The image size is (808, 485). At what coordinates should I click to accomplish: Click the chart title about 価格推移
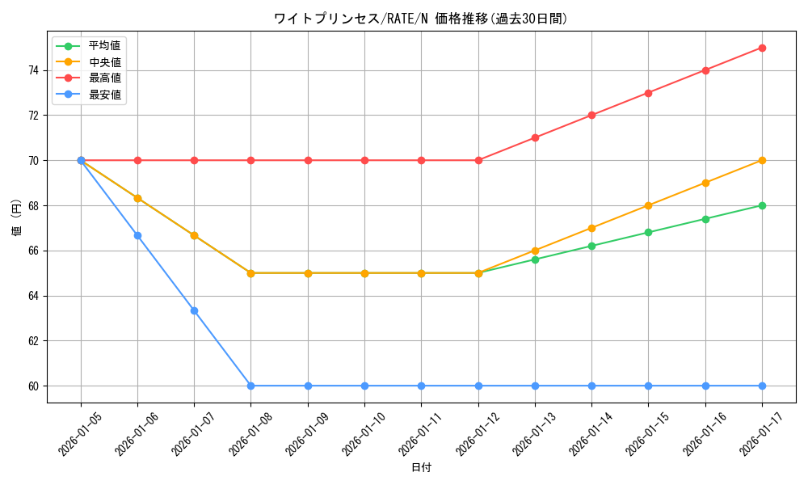click(421, 18)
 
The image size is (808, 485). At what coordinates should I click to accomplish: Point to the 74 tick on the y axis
click(33, 70)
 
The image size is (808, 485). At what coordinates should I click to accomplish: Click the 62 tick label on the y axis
click(33, 341)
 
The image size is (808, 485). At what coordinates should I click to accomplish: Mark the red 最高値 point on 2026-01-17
click(762, 48)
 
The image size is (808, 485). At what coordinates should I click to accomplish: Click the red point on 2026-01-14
click(591, 115)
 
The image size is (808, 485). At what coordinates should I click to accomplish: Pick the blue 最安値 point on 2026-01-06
click(137, 235)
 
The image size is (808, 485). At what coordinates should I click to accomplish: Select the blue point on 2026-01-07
click(194, 310)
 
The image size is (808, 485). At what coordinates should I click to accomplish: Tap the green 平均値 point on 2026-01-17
click(762, 205)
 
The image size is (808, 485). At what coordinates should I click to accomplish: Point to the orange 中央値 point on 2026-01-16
click(705, 183)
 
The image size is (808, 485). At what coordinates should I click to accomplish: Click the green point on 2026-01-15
click(648, 232)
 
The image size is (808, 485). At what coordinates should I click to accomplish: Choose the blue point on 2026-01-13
click(535, 386)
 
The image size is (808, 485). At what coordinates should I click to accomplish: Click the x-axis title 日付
click(421, 468)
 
